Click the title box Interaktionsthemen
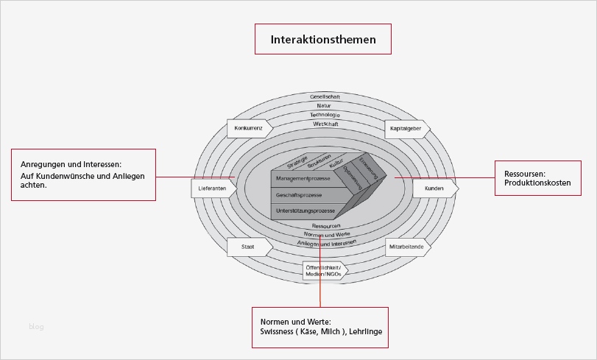322,40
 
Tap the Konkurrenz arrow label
249,129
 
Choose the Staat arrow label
248,247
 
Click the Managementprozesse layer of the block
303,179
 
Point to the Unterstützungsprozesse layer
305,211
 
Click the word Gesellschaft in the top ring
325,97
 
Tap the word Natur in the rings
325,106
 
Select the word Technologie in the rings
325,115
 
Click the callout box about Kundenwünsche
82,174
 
